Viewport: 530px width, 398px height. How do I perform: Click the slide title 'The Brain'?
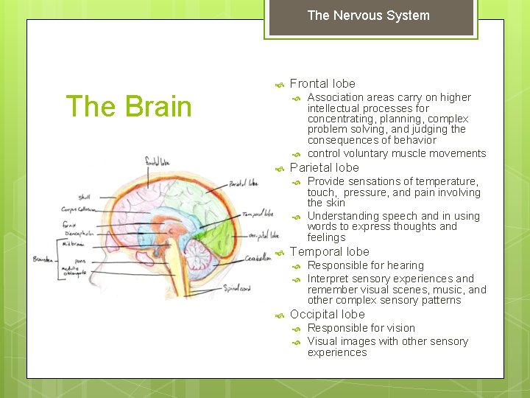[x=129, y=106]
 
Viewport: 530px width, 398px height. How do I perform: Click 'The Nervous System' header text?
[x=368, y=15]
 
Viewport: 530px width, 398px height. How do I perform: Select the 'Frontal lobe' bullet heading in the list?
[x=322, y=84]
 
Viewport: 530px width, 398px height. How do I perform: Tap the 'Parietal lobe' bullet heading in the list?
[x=325, y=167]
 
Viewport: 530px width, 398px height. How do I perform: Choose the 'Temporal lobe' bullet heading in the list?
[x=329, y=252]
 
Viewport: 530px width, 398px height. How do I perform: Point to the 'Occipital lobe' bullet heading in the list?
[x=327, y=315]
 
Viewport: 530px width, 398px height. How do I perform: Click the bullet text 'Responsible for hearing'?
[x=365, y=265]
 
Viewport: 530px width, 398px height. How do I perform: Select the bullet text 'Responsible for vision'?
[x=361, y=328]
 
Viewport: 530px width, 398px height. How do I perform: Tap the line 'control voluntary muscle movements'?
[x=396, y=153]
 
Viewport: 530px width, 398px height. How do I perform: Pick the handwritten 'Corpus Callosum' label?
[x=79, y=210]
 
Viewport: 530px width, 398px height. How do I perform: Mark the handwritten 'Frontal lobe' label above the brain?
[x=159, y=161]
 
